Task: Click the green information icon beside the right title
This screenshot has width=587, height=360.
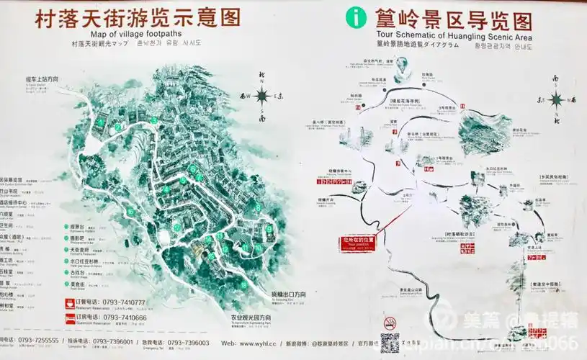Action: (355, 17)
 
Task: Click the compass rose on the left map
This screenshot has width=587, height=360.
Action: (262, 95)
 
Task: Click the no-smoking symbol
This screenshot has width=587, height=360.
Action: (390, 322)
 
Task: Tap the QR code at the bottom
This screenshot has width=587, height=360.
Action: (390, 342)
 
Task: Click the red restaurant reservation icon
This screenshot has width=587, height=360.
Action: (68, 303)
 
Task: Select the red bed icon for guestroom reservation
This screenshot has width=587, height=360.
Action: (68, 317)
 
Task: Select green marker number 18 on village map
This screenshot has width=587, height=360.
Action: (243, 285)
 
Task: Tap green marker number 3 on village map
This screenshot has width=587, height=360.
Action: (153, 120)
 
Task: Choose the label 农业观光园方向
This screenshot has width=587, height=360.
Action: (251, 318)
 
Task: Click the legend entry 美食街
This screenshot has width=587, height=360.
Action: (77, 284)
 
